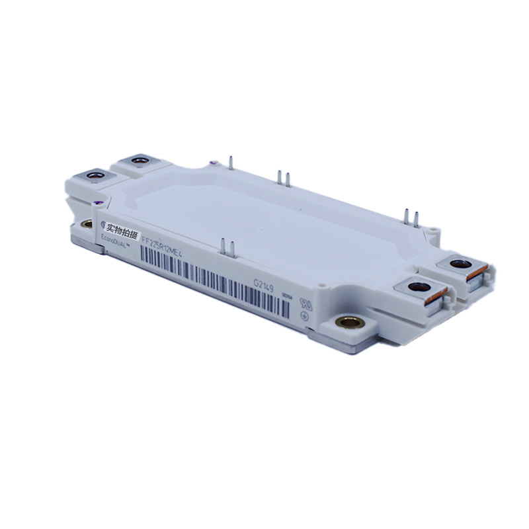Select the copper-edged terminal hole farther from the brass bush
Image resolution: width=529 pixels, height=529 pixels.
458,264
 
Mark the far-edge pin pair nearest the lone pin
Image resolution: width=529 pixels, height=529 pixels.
283,177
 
